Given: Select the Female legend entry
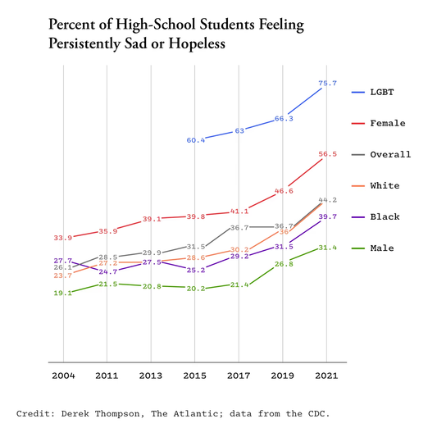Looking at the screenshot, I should pyautogui.click(x=387, y=123).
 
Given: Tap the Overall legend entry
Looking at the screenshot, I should pyautogui.click(x=389, y=154).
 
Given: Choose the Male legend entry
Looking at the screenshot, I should pyautogui.click(x=381, y=248).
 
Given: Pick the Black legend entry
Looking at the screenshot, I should pyautogui.click(x=384, y=216).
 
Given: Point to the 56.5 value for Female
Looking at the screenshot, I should pyautogui.click(x=326, y=153).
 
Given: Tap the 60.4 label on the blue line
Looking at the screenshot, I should pyautogui.click(x=195, y=140).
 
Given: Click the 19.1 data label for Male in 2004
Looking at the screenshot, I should pyautogui.click(x=63, y=293).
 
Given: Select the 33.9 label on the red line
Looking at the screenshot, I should pyautogui.click(x=63, y=238).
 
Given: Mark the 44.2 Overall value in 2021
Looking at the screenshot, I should pyautogui.click(x=327, y=199).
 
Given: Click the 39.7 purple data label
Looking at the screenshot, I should pyautogui.click(x=327, y=216).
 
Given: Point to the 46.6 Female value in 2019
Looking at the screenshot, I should pyautogui.click(x=283, y=190).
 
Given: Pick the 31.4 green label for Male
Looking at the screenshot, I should pyautogui.click(x=327, y=247).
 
